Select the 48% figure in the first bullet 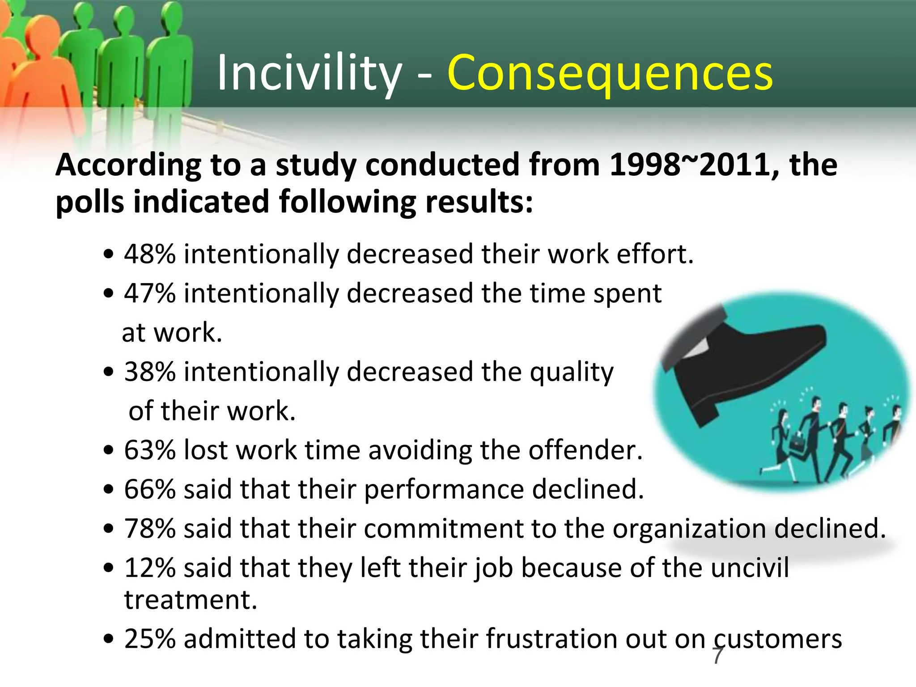(150, 254)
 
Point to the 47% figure (150, 293)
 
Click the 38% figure (150, 372)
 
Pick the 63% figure (150, 450)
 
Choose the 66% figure (150, 489)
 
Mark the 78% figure (150, 528)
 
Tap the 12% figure (150, 568)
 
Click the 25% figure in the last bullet (150, 638)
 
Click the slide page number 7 (717, 656)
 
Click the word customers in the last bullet (778, 639)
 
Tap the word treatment (191, 600)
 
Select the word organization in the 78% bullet (689, 529)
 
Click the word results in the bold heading (479, 202)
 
